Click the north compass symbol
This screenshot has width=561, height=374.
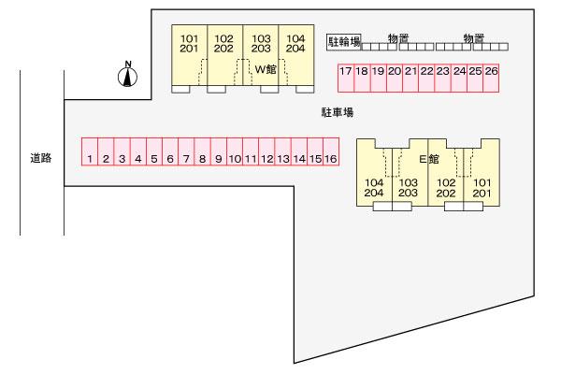tap(128, 74)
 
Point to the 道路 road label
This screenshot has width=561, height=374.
tap(40, 158)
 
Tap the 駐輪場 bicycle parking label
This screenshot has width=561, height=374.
tap(343, 42)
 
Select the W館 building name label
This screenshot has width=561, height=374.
tap(266, 67)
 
